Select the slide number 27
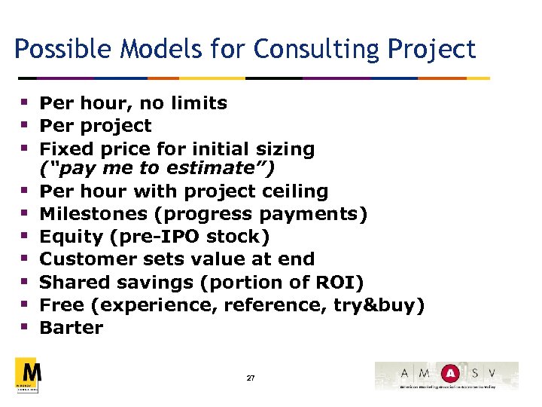click(x=251, y=377)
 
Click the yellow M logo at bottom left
click(x=29, y=374)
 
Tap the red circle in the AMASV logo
click(x=450, y=372)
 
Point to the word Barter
click(x=71, y=328)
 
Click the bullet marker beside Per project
click(x=25, y=124)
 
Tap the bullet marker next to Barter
click(x=25, y=327)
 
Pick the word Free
click(x=59, y=304)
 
